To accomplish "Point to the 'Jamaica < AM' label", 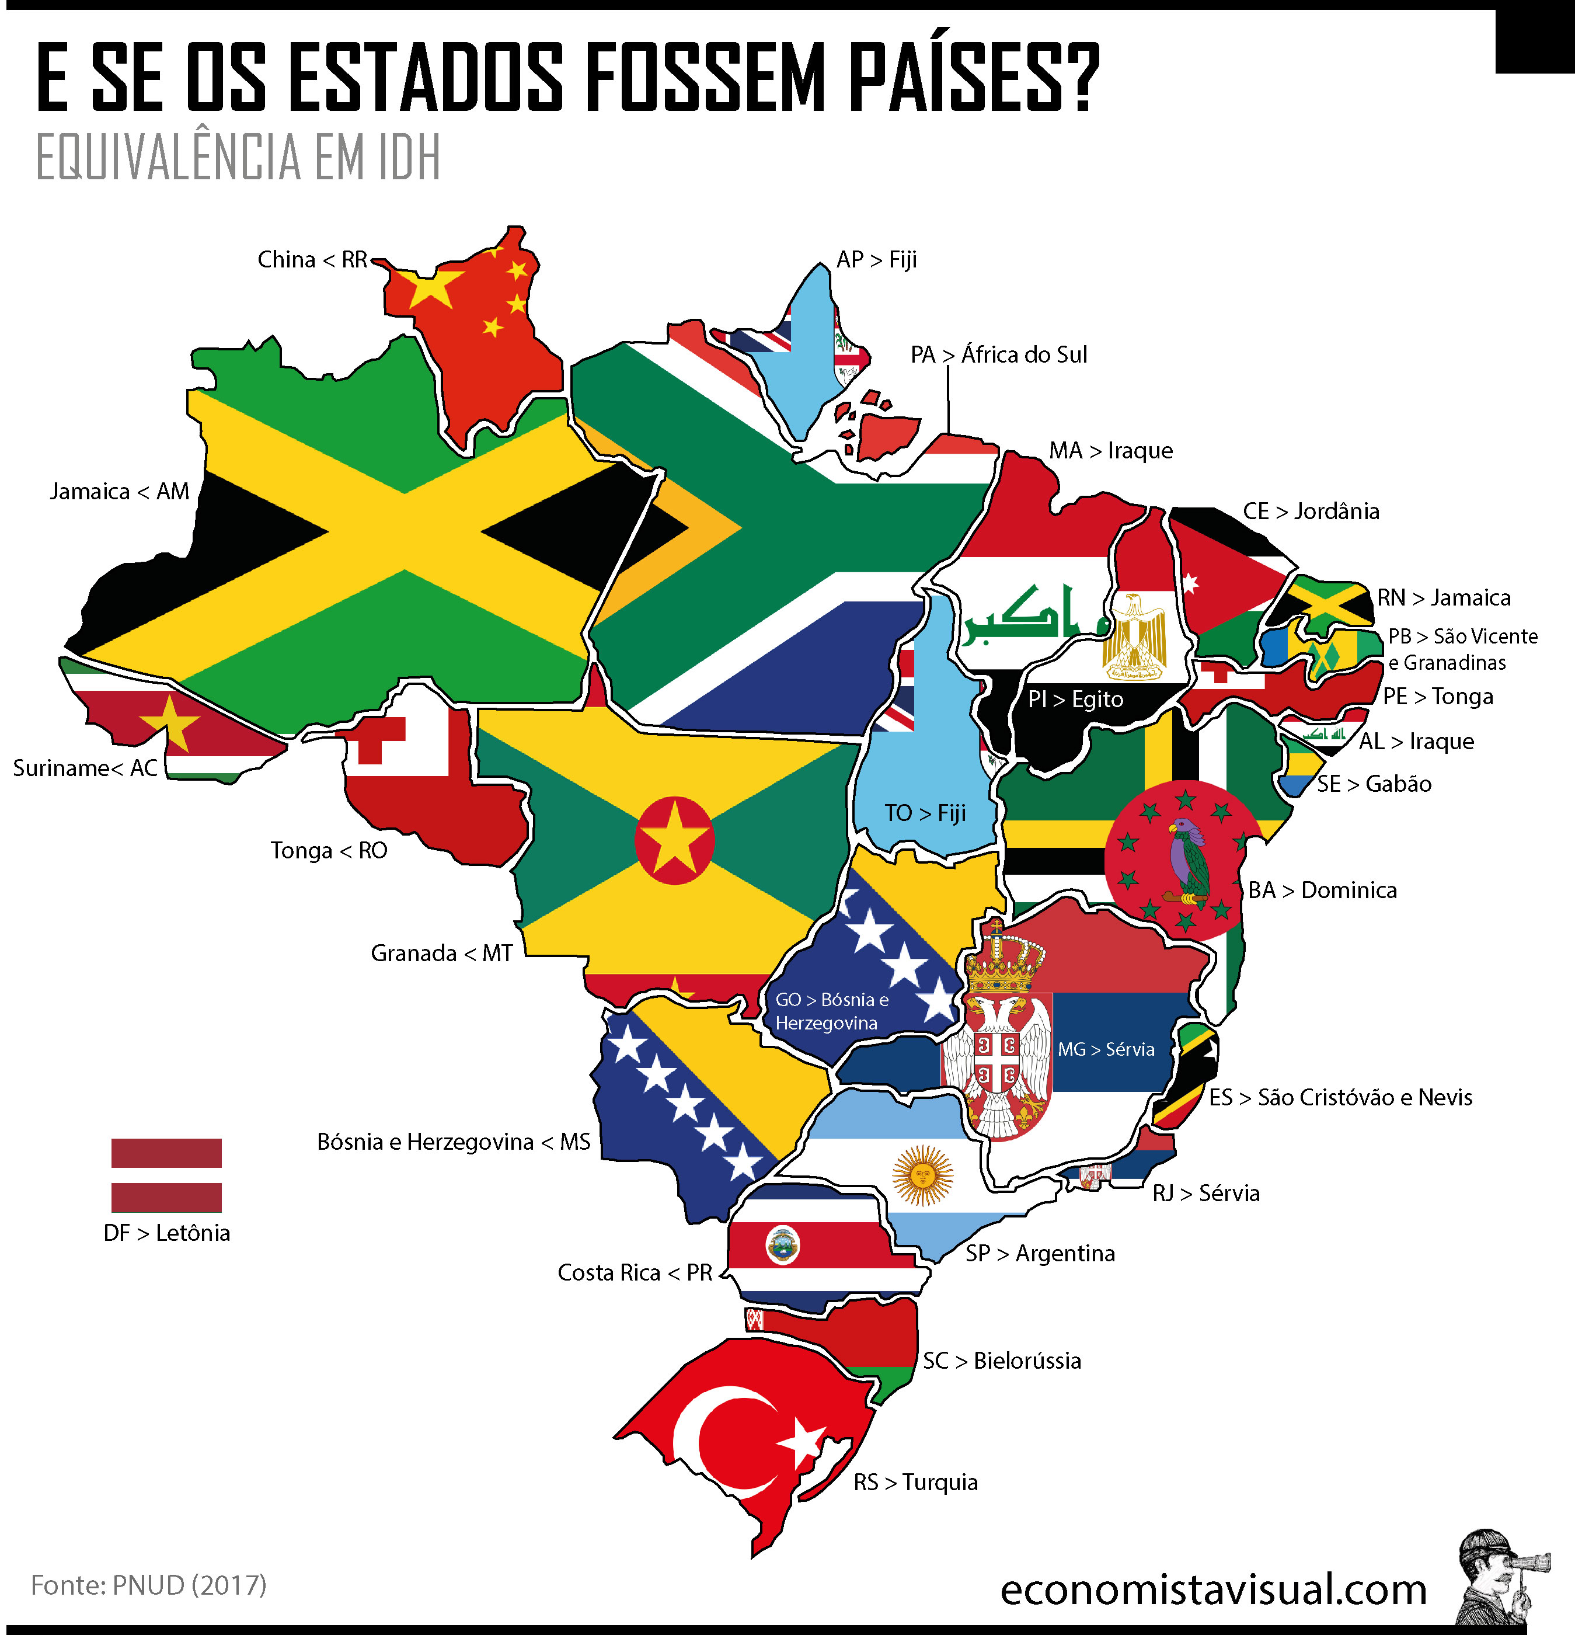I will [x=119, y=491].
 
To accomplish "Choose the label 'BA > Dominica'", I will [x=1322, y=890].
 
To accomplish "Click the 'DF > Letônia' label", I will [x=167, y=1233].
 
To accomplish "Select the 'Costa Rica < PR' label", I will [x=635, y=1272].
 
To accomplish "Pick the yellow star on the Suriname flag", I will [x=172, y=722].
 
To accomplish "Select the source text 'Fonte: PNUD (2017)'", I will [x=148, y=1584].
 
